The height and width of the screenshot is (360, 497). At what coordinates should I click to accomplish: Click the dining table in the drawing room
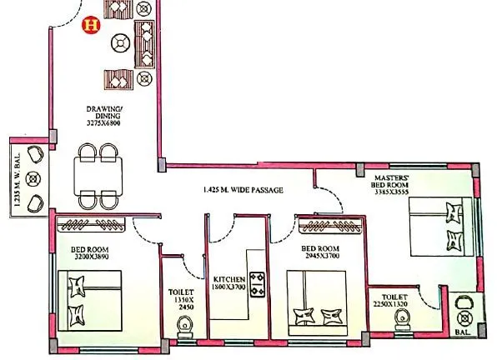[x=97, y=175]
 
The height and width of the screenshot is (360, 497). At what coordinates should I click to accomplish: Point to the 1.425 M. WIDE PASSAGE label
[x=242, y=190]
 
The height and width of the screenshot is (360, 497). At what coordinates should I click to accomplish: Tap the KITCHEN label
[x=228, y=279]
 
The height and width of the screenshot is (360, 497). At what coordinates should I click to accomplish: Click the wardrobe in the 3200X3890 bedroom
[x=91, y=223]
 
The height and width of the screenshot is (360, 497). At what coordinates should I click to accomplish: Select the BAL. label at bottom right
[x=464, y=332]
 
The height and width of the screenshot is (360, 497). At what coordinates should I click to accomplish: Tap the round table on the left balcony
[x=34, y=177]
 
